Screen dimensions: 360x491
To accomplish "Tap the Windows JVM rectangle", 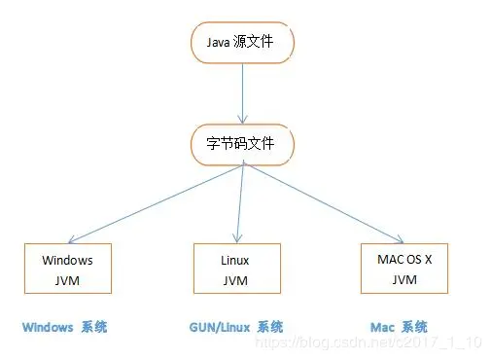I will click(68, 269).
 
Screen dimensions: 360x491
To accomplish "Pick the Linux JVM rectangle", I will click(236, 269).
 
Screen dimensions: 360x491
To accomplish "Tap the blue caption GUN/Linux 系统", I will click(235, 327).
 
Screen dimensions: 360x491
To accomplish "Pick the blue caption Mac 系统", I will click(399, 327).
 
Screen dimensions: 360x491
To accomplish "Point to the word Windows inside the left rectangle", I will click(68, 260).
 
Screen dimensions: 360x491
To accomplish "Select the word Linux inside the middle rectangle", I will click(236, 260).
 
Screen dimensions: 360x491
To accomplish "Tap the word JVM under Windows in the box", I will click(68, 280).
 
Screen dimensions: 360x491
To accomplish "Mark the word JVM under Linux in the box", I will click(236, 280).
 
